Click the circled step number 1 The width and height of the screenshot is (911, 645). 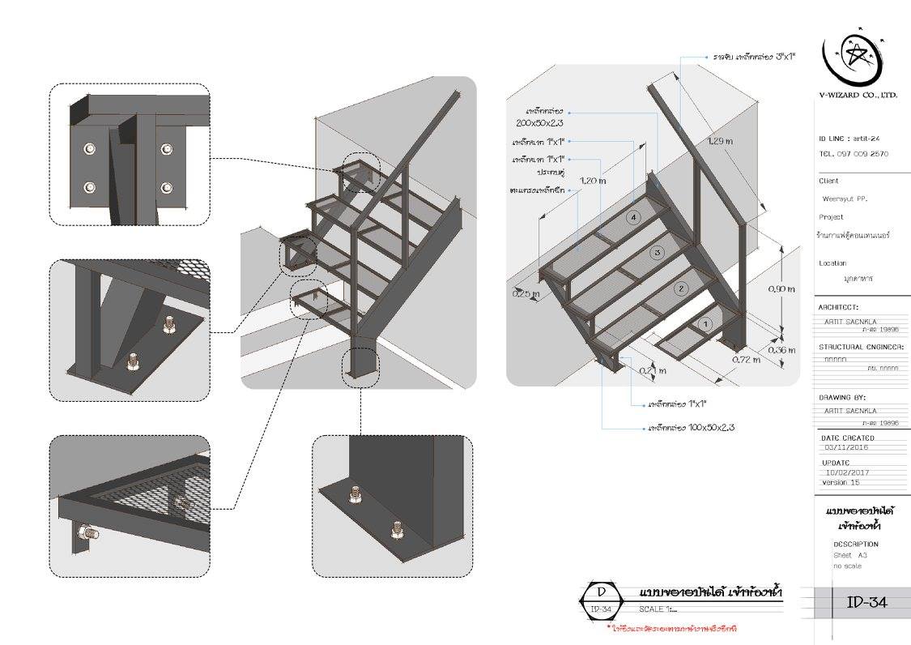(x=705, y=323)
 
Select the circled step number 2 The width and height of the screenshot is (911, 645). (x=682, y=288)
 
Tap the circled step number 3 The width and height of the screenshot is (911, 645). (x=658, y=253)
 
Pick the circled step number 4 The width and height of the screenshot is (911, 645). (x=634, y=216)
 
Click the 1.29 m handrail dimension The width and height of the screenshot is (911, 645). (x=720, y=141)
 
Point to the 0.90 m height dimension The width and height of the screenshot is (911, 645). (x=781, y=289)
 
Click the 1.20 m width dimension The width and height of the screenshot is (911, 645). (x=594, y=181)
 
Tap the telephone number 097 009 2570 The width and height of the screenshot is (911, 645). (x=854, y=153)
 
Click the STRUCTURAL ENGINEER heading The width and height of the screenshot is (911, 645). (x=861, y=347)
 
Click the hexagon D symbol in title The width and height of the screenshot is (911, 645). (x=601, y=600)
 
